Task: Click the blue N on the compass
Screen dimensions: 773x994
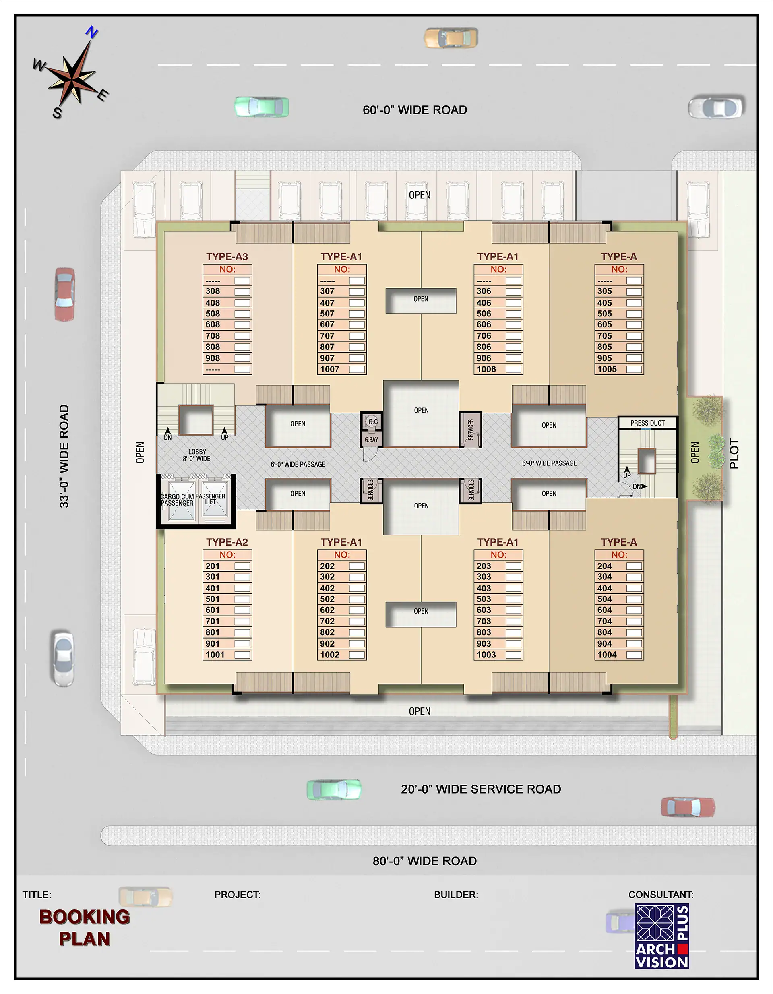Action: pyautogui.click(x=92, y=32)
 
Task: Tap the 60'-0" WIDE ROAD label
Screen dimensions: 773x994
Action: pyautogui.click(x=415, y=110)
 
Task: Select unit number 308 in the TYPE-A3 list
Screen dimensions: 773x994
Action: pyautogui.click(x=213, y=291)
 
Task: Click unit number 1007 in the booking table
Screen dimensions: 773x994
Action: pyautogui.click(x=330, y=369)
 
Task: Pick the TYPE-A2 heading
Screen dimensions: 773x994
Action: pyautogui.click(x=227, y=542)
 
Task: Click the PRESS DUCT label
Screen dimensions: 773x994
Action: pyautogui.click(x=647, y=423)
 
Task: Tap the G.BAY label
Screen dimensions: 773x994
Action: pyautogui.click(x=372, y=440)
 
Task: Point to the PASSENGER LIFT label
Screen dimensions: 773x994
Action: pyautogui.click(x=210, y=499)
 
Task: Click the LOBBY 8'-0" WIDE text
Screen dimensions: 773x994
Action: pyautogui.click(x=196, y=455)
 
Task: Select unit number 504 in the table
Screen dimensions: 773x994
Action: pyautogui.click(x=605, y=599)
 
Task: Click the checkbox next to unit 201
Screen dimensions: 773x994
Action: pyautogui.click(x=242, y=566)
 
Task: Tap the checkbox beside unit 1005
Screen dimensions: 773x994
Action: pyautogui.click(x=634, y=369)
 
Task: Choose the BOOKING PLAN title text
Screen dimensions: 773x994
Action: pyautogui.click(x=85, y=928)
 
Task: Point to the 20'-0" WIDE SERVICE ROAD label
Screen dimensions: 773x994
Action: pyautogui.click(x=481, y=789)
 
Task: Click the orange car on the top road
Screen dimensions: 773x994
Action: pyautogui.click(x=451, y=38)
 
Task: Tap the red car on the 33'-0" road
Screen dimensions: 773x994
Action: pyautogui.click(x=65, y=294)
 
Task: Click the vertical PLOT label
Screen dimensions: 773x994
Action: pyautogui.click(x=734, y=453)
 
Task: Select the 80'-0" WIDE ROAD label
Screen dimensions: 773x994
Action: pyautogui.click(x=425, y=861)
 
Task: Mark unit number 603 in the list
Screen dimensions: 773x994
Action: pyautogui.click(x=484, y=610)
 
